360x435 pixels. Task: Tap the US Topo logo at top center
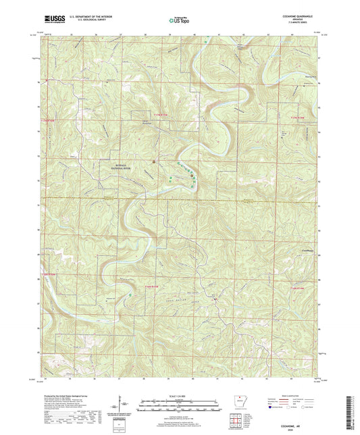[180, 21]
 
